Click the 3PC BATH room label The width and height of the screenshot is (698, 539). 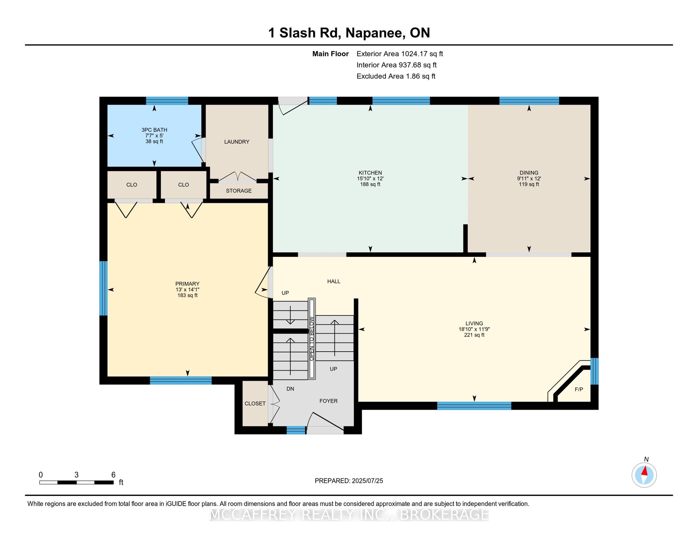click(154, 130)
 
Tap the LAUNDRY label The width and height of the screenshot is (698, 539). click(237, 142)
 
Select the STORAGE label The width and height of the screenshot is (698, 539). click(239, 191)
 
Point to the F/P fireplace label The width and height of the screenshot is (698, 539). click(579, 390)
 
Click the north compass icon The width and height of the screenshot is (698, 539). click(644, 475)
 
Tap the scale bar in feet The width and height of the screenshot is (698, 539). click(77, 483)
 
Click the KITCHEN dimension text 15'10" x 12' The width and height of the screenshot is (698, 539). click(370, 179)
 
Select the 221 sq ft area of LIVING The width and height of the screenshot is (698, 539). click(474, 335)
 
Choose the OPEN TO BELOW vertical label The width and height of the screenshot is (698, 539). click(312, 339)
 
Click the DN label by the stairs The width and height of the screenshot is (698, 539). click(290, 389)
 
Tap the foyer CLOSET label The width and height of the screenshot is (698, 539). click(255, 404)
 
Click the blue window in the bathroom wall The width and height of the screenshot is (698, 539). click(167, 101)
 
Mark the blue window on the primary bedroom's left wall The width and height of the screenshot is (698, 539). click(103, 288)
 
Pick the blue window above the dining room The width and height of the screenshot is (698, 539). click(529, 101)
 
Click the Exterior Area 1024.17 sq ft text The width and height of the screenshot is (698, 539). click(400, 54)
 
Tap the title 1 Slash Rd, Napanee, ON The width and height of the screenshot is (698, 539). click(349, 33)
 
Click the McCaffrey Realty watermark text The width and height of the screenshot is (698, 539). click(349, 515)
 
